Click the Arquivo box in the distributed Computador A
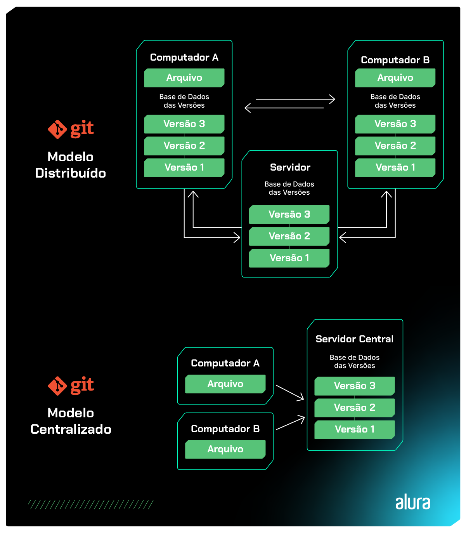[x=184, y=78]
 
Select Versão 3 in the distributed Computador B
[x=395, y=124]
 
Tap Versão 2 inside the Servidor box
[x=289, y=236]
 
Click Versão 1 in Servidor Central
[x=354, y=429]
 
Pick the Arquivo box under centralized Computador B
[x=225, y=449]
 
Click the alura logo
[x=412, y=502]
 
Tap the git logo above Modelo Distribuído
[x=71, y=129]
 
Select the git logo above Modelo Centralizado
[x=71, y=385]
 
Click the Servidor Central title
[x=354, y=339]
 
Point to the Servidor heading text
[x=290, y=167]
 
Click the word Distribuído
[x=71, y=173]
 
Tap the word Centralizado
[x=71, y=429]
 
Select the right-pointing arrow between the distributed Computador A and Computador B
[x=295, y=99]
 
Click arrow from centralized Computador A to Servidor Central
[x=290, y=392]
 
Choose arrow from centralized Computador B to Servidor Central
[x=290, y=423]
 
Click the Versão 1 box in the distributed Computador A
[x=184, y=167]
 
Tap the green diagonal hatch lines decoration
[x=91, y=504]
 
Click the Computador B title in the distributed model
[x=395, y=60]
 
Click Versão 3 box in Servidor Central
[x=354, y=386]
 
